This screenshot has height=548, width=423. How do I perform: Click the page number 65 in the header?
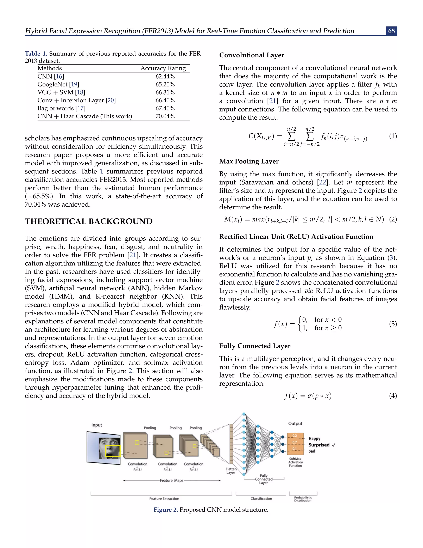point(391,31)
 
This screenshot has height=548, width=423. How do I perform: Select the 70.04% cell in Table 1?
point(165,116)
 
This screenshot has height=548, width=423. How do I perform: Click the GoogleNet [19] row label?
point(58,84)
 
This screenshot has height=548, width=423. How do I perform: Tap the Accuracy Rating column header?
point(163,68)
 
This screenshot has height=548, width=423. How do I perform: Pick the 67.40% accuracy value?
point(165,108)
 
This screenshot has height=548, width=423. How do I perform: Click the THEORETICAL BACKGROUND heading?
point(89,221)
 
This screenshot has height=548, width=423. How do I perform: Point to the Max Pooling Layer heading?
point(249,161)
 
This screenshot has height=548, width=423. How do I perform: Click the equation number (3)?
point(393,324)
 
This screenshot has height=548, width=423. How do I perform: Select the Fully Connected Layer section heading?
point(255,346)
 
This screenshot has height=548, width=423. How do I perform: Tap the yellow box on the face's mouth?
point(113,451)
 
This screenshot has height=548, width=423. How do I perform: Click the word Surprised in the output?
point(319,445)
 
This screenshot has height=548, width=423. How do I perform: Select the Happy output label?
point(314,438)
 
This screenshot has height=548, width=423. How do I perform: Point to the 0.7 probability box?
point(295,442)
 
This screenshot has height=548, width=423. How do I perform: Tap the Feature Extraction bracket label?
point(164,499)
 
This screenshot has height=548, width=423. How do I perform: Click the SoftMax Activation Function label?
point(295,462)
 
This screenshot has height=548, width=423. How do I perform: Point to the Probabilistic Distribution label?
point(303,499)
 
